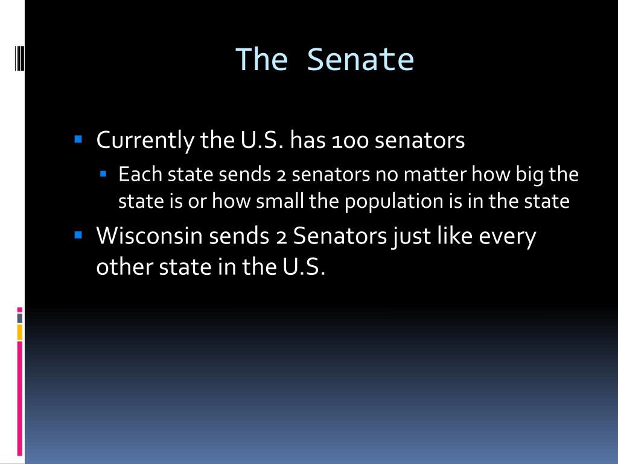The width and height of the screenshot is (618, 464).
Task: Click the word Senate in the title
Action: point(360,60)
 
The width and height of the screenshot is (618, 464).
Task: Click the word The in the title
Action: point(262,60)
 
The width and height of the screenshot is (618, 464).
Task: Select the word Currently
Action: point(145,140)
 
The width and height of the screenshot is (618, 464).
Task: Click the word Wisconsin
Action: point(149,236)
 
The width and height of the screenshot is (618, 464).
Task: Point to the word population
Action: point(393,202)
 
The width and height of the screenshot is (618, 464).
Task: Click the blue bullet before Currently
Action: point(78,139)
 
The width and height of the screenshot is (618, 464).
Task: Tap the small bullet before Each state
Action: point(103,173)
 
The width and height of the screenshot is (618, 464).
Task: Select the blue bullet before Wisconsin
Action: point(78,235)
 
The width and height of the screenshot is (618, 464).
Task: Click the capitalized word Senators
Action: point(340,236)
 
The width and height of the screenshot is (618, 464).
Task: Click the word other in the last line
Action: point(124,266)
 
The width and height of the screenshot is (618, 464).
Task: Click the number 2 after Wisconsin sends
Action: point(281,237)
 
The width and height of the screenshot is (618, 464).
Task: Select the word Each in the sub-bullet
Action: point(140,175)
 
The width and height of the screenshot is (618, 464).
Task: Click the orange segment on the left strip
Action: point(20,332)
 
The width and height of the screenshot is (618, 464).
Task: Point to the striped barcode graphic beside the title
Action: point(20,58)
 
